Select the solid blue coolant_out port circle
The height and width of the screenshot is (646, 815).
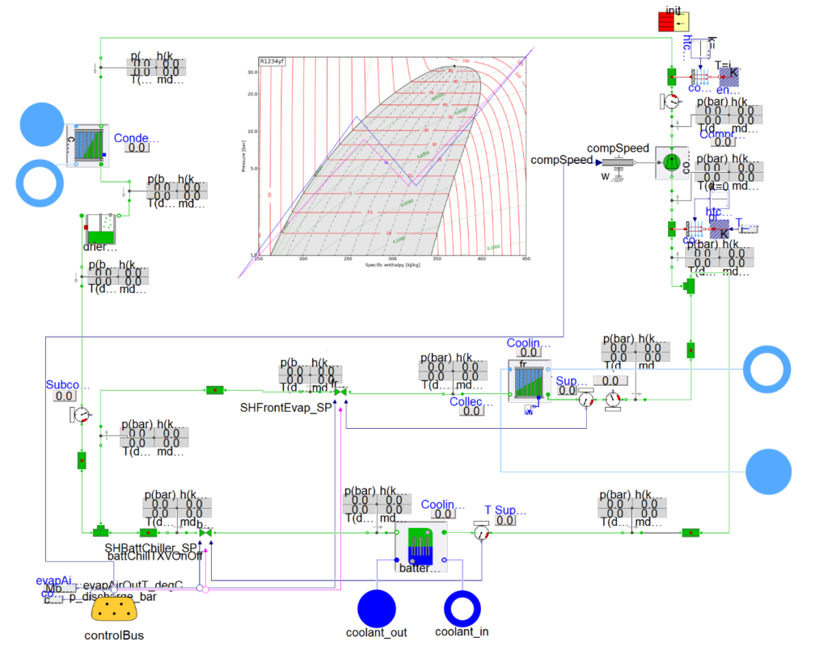[x=377, y=608]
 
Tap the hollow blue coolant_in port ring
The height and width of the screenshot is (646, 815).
[x=462, y=608]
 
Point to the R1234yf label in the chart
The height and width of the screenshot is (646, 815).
[x=271, y=61]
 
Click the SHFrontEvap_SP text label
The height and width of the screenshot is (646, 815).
[x=286, y=408]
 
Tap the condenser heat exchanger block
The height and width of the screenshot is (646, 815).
[x=87, y=145]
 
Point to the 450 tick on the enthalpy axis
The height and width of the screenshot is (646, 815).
[x=525, y=258]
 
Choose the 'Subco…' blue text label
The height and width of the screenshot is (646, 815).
[x=62, y=384]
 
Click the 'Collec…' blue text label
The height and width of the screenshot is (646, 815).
[x=471, y=401]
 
